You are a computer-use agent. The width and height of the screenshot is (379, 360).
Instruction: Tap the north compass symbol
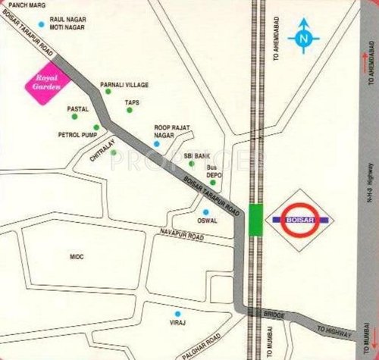305,36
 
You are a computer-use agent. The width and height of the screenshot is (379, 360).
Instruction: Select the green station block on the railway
256,220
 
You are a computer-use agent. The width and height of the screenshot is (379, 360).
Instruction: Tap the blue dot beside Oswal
205,211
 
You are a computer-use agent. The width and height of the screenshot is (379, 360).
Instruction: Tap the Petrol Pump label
75,135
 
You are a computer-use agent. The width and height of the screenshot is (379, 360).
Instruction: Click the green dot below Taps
129,111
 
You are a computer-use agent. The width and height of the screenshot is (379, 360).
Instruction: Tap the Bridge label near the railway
273,313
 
